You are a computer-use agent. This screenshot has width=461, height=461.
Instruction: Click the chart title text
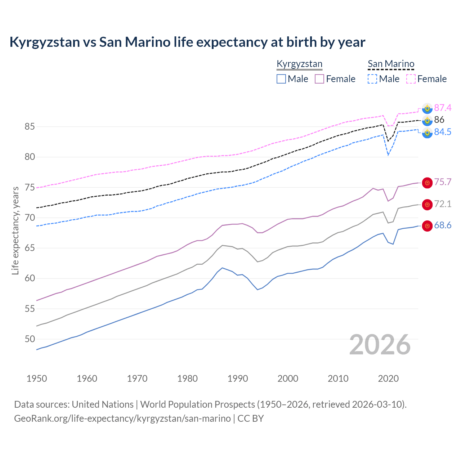(x=187, y=42)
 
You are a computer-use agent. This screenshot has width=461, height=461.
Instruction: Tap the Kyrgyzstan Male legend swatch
(x=281, y=79)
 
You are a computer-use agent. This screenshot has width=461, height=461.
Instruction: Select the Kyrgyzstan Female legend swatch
(x=319, y=79)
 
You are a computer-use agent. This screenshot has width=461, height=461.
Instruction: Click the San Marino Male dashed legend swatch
(x=372, y=79)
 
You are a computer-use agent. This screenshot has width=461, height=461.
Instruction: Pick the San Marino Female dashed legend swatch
(x=411, y=79)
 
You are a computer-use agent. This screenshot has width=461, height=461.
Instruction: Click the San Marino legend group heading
(x=391, y=64)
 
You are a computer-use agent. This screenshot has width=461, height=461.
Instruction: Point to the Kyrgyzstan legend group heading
(x=299, y=64)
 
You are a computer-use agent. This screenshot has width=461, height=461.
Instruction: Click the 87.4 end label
(x=443, y=108)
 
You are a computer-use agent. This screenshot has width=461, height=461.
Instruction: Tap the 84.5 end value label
(x=443, y=132)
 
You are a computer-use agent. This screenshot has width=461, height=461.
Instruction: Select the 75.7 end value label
(x=443, y=182)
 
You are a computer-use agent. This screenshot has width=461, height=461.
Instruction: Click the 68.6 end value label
(x=443, y=225)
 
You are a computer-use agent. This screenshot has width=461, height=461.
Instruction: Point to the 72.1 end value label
(x=443, y=204)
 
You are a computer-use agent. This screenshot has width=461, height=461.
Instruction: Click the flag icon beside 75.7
(x=427, y=183)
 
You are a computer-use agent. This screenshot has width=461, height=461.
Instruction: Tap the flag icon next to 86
(x=427, y=120)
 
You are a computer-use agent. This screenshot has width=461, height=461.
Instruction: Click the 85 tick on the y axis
(x=30, y=127)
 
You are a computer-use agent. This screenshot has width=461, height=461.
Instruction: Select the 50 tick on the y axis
(x=30, y=339)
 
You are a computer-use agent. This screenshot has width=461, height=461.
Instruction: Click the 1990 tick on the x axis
(x=238, y=379)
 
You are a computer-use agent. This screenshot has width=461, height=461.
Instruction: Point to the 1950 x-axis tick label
(x=37, y=379)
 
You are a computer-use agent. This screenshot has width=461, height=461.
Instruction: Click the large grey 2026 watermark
(x=380, y=345)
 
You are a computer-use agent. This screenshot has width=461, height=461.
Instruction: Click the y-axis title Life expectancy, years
(x=15, y=230)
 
